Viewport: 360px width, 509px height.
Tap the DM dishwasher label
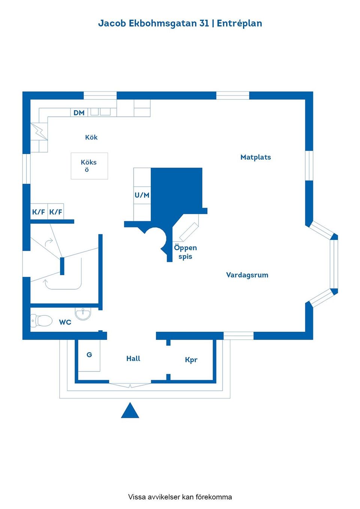coord(79,112)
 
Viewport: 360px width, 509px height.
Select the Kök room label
coord(91,137)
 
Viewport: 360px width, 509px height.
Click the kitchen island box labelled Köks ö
coord(89,166)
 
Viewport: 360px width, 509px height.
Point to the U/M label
coord(142,195)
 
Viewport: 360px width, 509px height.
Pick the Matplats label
coord(255,157)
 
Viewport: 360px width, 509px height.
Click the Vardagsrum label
coord(247,275)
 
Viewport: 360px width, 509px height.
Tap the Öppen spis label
coord(185,252)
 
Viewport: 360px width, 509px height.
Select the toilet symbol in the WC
coord(42,321)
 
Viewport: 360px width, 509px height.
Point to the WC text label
coord(65,322)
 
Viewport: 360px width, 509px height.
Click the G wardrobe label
coord(89,355)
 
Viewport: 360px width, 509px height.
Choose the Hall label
coord(133,358)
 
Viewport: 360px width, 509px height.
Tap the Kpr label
coord(191,360)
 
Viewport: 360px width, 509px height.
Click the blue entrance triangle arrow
coord(130,411)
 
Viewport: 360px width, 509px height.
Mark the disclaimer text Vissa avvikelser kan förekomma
coord(180,497)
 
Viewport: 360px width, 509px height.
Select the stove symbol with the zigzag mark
coord(39,132)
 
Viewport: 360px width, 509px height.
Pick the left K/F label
coord(38,212)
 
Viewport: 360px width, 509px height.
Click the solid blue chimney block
coord(176,191)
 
